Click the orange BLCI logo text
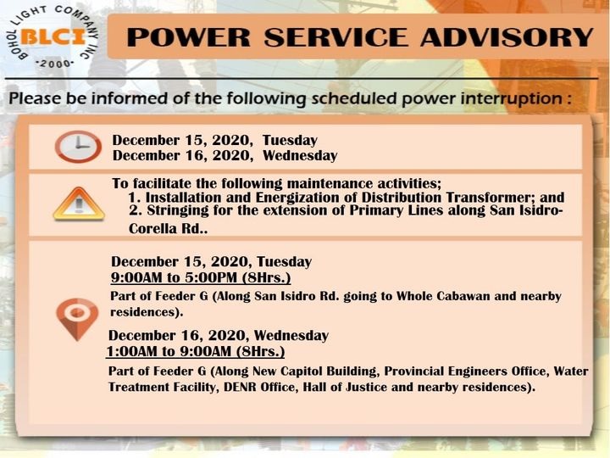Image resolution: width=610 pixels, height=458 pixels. tap(53, 37)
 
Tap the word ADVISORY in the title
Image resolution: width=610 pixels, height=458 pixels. tap(507, 37)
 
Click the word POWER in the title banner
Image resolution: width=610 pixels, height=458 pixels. tap(189, 37)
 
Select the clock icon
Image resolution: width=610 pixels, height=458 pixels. tap(78, 147)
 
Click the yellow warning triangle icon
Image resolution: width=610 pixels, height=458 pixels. tap(79, 204)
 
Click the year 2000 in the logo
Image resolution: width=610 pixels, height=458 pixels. tap(54, 64)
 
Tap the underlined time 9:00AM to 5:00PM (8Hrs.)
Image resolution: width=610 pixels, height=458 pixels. tap(201, 277)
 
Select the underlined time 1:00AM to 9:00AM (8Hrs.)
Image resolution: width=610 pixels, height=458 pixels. tap(196, 351)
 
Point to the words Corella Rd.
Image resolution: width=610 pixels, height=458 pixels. tap(168, 229)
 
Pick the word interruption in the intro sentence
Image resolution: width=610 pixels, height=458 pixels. tap(511, 98)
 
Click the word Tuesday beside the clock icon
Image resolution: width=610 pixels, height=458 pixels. tap(290, 140)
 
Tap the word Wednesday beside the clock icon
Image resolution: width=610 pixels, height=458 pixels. tap(300, 156)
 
